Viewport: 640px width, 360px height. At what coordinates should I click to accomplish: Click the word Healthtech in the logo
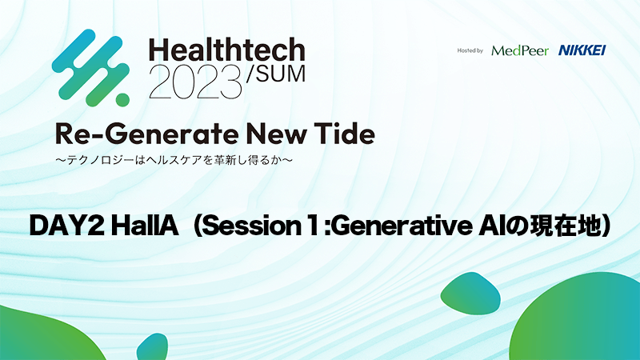click(227, 50)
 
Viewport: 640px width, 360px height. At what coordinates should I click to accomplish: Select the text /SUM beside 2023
click(275, 74)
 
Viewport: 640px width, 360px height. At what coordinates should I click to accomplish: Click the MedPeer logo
click(519, 50)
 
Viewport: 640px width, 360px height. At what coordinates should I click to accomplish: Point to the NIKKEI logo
click(582, 50)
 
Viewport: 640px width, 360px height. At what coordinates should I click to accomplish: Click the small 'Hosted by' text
click(470, 50)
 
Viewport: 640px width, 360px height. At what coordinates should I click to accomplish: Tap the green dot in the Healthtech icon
click(122, 99)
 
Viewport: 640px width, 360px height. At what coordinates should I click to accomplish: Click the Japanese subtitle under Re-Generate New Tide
click(174, 160)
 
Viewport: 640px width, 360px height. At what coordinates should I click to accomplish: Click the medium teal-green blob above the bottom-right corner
click(470, 294)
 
